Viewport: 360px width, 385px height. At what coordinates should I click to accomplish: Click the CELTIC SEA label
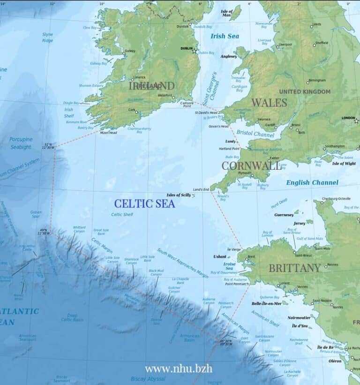coord(144,204)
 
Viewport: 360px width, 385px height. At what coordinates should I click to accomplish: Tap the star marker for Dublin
coord(194,51)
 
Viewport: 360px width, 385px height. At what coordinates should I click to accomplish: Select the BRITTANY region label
coord(294,268)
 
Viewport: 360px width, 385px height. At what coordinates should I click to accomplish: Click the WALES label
coord(269,102)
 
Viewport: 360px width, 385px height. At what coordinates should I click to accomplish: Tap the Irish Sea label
coord(225,36)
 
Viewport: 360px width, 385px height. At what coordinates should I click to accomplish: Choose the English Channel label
coord(312,182)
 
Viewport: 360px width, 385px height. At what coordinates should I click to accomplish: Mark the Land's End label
coord(201,189)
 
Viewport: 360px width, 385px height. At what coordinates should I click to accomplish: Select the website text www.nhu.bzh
coord(178,368)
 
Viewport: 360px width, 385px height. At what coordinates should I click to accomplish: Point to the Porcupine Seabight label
coord(22,143)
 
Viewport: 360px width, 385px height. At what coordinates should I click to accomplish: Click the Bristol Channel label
coord(255,134)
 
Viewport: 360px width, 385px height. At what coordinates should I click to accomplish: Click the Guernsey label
coord(284,215)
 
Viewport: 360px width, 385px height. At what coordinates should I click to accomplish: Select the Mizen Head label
coord(107,132)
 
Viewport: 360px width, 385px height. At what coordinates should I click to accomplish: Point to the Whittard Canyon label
coord(79,229)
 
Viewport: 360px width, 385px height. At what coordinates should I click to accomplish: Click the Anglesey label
coord(229,56)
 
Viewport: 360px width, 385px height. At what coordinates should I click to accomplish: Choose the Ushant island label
coord(219,257)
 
